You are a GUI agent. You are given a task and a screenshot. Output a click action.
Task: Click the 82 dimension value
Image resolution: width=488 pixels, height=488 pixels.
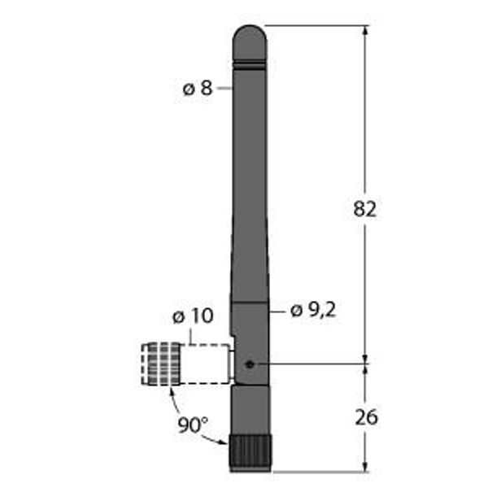[364, 208]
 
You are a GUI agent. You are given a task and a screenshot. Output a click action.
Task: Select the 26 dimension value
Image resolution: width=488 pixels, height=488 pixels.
[366, 416]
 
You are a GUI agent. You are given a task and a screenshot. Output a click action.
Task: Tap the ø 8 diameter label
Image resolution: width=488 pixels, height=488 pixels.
[198, 88]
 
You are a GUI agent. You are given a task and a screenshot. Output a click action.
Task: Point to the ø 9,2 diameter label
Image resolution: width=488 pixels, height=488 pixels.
[313, 310]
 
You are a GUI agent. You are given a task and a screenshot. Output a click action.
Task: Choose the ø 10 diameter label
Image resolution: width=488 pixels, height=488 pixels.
[193, 316]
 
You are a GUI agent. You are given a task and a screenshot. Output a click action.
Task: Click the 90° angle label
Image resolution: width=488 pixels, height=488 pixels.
[193, 425]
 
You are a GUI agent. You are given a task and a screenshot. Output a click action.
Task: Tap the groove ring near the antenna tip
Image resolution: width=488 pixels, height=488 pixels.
[250, 66]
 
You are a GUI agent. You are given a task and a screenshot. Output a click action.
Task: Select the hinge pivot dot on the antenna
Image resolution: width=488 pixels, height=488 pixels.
[250, 364]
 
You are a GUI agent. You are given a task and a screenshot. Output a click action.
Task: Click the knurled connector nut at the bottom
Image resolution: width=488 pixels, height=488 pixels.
[251, 453]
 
